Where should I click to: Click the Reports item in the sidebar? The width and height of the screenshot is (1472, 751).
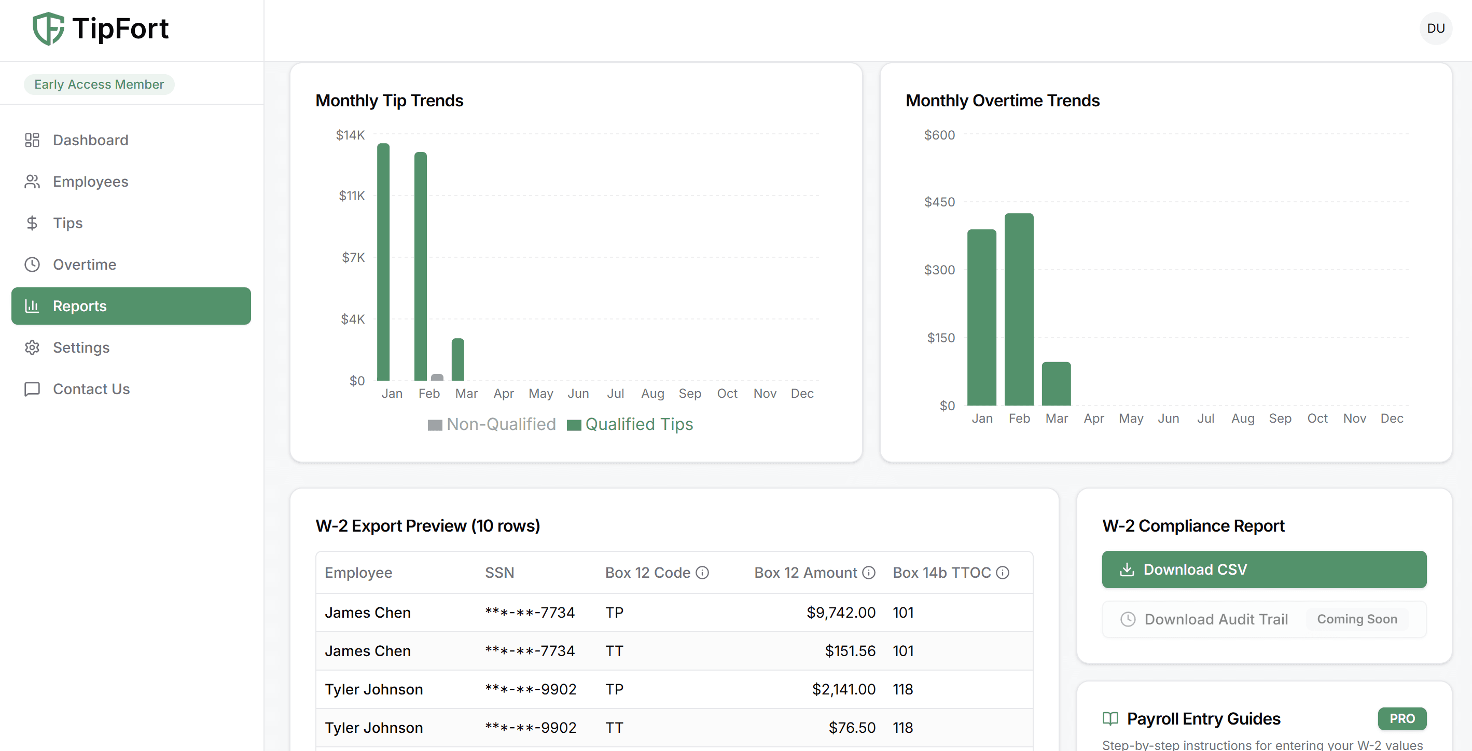(131, 306)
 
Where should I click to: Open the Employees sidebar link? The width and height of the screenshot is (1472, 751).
(90, 182)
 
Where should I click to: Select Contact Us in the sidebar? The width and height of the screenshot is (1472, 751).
(91, 389)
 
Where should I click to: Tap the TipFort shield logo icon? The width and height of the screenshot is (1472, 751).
(48, 29)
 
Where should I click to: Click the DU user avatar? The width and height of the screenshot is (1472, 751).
(1435, 29)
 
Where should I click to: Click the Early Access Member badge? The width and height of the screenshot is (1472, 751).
(99, 85)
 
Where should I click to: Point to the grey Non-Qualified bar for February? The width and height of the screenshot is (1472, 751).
(437, 377)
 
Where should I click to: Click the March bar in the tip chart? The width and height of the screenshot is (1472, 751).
(457, 359)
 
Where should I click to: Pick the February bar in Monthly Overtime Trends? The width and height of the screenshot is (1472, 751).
(1018, 309)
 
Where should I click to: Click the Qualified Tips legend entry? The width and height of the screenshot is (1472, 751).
(630, 424)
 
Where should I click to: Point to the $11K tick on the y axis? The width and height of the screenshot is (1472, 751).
(352, 196)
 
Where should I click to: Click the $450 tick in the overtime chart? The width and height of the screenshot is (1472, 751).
(939, 202)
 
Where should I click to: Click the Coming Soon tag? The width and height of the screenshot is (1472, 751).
(1356, 619)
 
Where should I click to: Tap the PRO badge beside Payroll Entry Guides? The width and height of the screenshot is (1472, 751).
(1401, 718)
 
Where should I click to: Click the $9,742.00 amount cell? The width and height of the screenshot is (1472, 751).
(841, 613)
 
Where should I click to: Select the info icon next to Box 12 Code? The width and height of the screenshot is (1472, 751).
(702, 573)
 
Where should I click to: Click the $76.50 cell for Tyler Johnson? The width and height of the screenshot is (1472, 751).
(852, 728)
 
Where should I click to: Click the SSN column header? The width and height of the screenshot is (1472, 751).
(499, 573)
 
